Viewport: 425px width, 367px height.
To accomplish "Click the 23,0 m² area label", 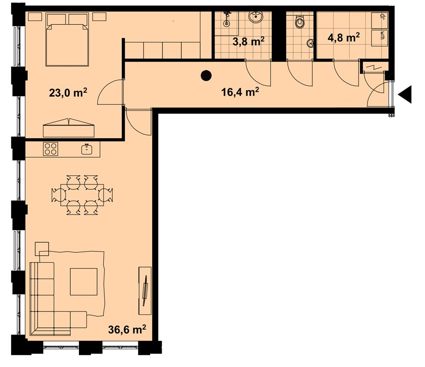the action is pos(68,93).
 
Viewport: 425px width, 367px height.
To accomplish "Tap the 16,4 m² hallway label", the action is pos(240,92).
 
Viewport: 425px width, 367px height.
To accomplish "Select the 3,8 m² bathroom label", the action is pos(249,42).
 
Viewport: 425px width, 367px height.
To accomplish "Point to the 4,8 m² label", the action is pos(344,37).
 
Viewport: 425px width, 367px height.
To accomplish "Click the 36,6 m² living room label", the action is pos(127,329).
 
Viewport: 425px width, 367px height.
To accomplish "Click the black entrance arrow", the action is pos(405,94).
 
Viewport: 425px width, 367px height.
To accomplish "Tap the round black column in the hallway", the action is pos(206,76).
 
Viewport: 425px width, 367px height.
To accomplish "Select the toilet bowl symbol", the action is pos(299,22).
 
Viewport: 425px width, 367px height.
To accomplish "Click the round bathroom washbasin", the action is pos(255,18).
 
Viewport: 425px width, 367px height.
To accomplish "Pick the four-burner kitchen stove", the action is pos(51,149).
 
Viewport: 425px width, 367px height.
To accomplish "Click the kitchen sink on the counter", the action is pos(87,149).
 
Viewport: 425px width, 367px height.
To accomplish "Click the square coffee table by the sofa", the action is pos(84,281).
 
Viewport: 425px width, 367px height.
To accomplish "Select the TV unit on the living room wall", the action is pos(145,291).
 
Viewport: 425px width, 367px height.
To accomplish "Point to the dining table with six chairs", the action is pos(82,195).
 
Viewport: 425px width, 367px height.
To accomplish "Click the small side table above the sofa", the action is pos(42,249).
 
